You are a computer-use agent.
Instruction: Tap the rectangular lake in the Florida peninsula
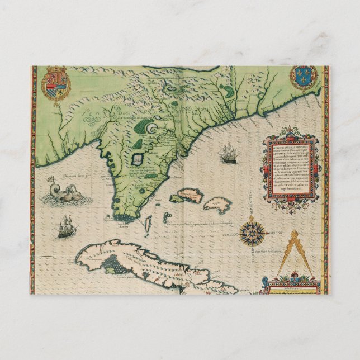click(136, 160)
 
